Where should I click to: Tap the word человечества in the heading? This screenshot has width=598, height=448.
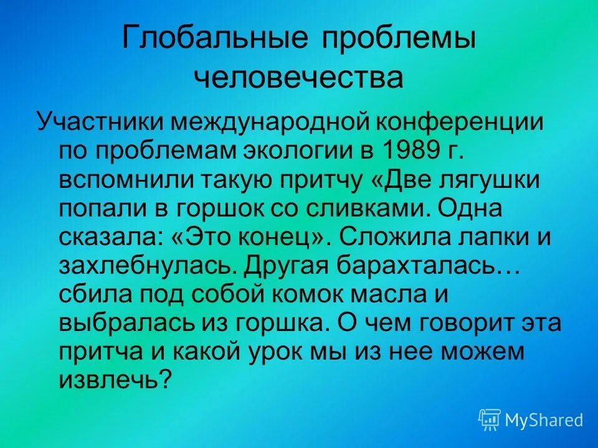coord(298,79)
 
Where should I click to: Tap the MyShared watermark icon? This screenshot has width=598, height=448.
coord(490,420)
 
